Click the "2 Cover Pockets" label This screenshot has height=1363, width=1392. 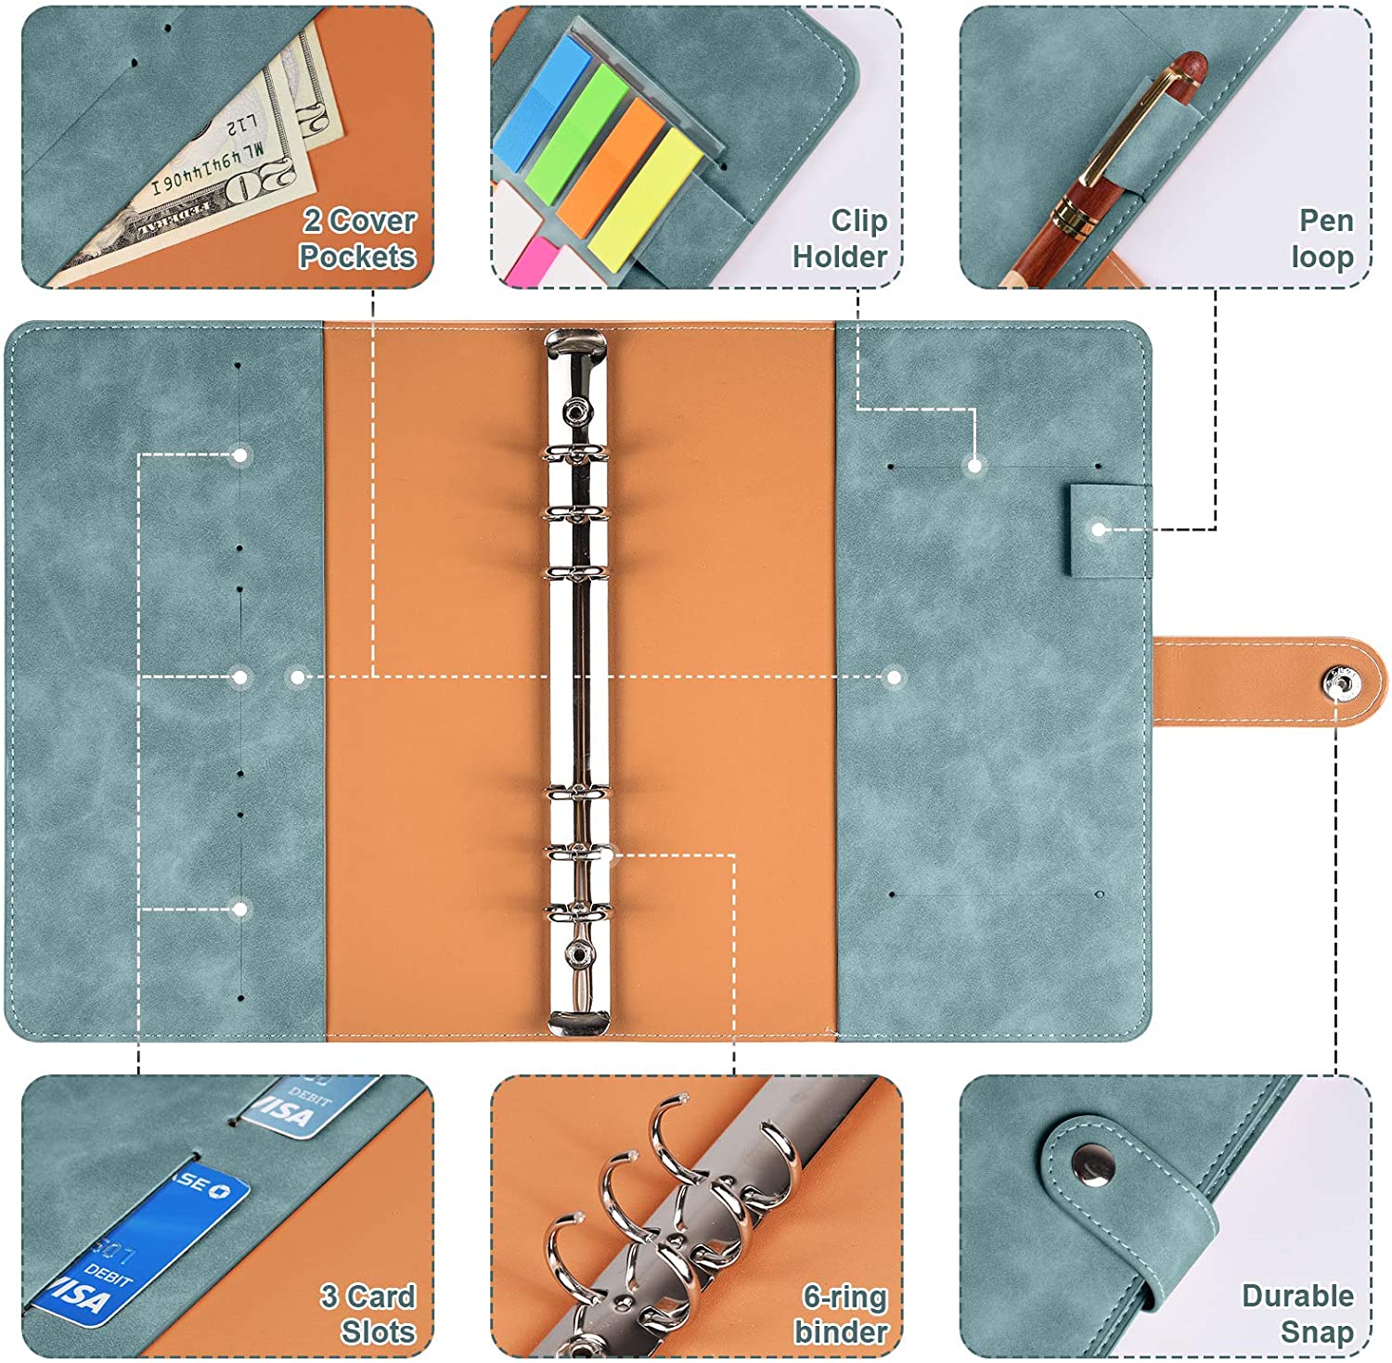click(x=357, y=238)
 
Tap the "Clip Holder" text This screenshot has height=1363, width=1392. click(x=840, y=238)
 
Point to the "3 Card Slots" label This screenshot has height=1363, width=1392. click(x=368, y=1314)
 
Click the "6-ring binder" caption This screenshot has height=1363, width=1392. click(x=842, y=1314)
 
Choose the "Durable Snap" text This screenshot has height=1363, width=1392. click(x=1297, y=1314)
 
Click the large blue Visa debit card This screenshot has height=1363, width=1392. click(x=139, y=1243)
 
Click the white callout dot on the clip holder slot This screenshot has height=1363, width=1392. click(x=974, y=466)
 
